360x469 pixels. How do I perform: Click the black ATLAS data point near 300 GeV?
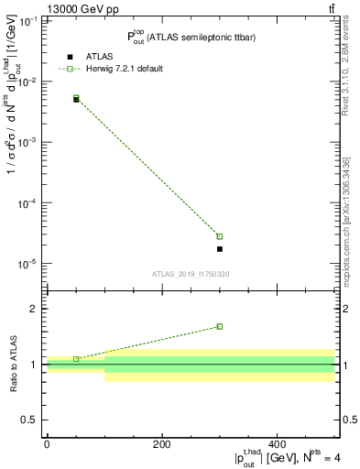pos(220,248)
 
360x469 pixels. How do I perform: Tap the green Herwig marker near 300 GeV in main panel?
pos(220,236)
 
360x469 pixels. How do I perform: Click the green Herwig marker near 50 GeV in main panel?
pos(76,97)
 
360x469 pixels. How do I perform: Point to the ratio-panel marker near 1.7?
pos(220,326)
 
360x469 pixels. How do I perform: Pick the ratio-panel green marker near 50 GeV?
pos(76,358)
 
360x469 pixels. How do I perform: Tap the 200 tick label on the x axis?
pos(162,445)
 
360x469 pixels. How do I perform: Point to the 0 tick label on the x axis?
pos(47,445)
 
